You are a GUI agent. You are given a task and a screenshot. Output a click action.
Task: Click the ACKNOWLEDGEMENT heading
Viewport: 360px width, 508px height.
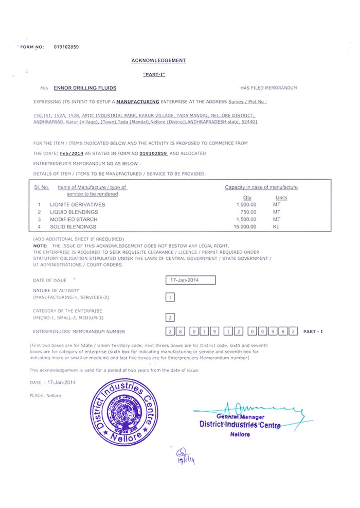(x=158, y=61)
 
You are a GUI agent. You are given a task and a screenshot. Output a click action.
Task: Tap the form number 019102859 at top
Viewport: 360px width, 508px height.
(x=66, y=47)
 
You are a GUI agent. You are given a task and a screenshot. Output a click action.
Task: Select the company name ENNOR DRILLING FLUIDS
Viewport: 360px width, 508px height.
(x=85, y=88)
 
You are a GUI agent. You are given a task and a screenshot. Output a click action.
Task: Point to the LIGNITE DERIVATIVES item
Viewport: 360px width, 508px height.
(x=77, y=205)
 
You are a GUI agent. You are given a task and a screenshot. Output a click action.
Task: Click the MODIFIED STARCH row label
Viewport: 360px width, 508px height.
(x=73, y=219)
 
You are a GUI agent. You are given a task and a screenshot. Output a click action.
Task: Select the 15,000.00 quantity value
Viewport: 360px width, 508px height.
(x=244, y=226)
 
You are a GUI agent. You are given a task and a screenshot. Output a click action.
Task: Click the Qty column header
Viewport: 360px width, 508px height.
(x=247, y=198)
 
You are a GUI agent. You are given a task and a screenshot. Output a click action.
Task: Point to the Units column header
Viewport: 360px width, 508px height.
(x=281, y=198)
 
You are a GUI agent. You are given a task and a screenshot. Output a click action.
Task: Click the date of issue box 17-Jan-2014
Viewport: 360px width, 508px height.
(x=191, y=280)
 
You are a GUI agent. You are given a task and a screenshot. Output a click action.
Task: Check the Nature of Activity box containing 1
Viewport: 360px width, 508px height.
(x=170, y=297)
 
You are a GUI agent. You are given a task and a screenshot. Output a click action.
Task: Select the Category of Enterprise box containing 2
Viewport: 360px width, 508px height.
(x=170, y=318)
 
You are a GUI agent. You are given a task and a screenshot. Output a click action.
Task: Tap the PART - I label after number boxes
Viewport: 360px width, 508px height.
(x=313, y=331)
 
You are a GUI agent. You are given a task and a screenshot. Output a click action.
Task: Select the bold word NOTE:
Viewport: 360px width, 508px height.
(x=40, y=246)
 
